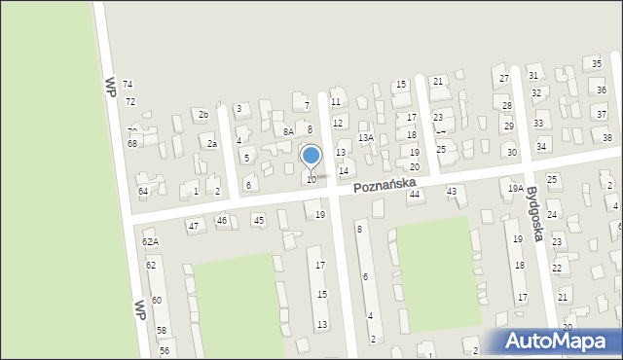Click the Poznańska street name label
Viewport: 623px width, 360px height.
pyautogui.click(x=385, y=184)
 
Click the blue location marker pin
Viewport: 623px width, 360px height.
pyautogui.click(x=311, y=157)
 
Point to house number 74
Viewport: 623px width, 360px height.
pyautogui.click(x=128, y=86)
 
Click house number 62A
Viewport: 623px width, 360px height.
pyautogui.click(x=150, y=241)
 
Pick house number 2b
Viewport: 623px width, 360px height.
pyautogui.click(x=203, y=115)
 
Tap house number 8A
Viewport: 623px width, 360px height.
pyautogui.click(x=288, y=131)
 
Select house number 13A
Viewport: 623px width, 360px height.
pyautogui.click(x=365, y=138)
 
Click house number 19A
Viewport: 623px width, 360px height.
pyautogui.click(x=516, y=188)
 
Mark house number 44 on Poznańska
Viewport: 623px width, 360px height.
pyautogui.click(x=415, y=195)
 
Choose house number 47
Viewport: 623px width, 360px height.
pyautogui.click(x=194, y=226)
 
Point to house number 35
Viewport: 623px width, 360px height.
pyautogui.click(x=597, y=63)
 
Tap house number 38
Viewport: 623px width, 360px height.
pyautogui.click(x=606, y=138)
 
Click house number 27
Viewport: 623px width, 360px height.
pyautogui.click(x=504, y=79)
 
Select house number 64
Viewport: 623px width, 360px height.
pyautogui.click(x=143, y=192)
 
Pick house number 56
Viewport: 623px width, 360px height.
pyautogui.click(x=165, y=350)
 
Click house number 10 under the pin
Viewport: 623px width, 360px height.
pyautogui.click(x=311, y=179)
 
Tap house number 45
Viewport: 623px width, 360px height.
pyautogui.click(x=258, y=221)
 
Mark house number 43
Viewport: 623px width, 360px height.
pyautogui.click(x=452, y=192)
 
